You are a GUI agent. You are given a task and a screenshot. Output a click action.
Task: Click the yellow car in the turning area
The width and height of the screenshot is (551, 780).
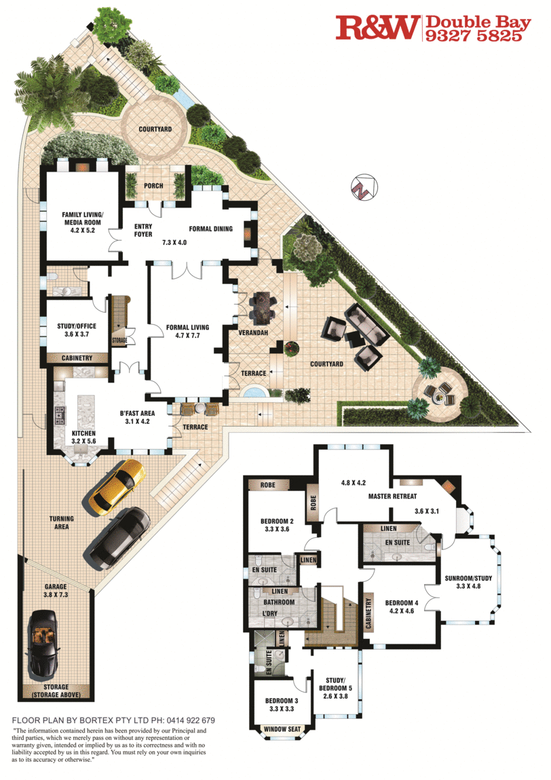point(117,487)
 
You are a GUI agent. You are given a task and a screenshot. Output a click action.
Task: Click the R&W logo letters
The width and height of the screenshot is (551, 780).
point(377,27)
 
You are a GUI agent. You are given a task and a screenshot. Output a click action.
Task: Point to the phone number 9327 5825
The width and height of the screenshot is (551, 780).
point(474,35)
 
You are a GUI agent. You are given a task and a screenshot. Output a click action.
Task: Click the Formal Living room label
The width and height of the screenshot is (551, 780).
point(188,331)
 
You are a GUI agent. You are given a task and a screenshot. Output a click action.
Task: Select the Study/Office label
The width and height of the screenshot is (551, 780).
point(77,330)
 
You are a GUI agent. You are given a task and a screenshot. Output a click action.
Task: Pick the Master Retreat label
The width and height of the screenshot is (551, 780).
point(393,496)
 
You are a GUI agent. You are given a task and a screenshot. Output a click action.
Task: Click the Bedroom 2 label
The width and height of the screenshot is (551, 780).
point(278,525)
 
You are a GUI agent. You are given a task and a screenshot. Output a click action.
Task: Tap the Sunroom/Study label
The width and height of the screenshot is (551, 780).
point(468,582)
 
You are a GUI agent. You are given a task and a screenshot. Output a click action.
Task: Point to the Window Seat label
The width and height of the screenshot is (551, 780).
point(282,729)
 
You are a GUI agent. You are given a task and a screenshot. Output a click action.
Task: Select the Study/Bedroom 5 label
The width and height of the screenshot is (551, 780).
point(335,688)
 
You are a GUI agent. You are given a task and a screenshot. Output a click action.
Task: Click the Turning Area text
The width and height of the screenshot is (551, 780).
point(62,522)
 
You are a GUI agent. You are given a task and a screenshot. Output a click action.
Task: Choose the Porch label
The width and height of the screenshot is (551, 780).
point(153,186)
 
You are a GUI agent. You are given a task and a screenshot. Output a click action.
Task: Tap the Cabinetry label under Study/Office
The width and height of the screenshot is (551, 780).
point(77,357)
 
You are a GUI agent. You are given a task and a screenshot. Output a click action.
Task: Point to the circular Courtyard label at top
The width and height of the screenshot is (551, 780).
point(155,129)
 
